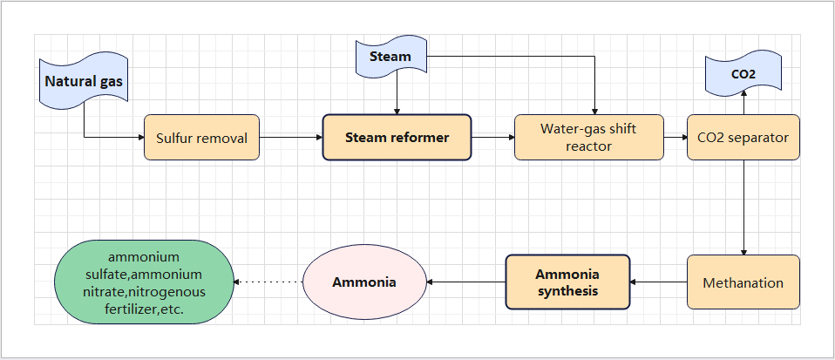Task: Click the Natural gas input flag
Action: (x=85, y=83)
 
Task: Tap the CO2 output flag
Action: (x=743, y=74)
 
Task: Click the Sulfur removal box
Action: (x=201, y=138)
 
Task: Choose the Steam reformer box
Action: (x=397, y=138)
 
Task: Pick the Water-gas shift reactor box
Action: (x=588, y=138)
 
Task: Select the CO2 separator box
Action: (x=743, y=138)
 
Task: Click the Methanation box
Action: (x=743, y=282)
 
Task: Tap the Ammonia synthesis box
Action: (x=567, y=282)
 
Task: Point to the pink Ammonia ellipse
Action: (x=363, y=282)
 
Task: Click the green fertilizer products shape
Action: (x=144, y=282)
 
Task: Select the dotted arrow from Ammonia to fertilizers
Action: (x=268, y=282)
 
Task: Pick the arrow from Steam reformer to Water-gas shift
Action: (x=492, y=138)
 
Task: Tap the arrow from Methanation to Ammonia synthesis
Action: (x=659, y=282)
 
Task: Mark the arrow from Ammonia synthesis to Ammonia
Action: (x=466, y=282)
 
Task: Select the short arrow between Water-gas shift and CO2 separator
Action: (x=675, y=138)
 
